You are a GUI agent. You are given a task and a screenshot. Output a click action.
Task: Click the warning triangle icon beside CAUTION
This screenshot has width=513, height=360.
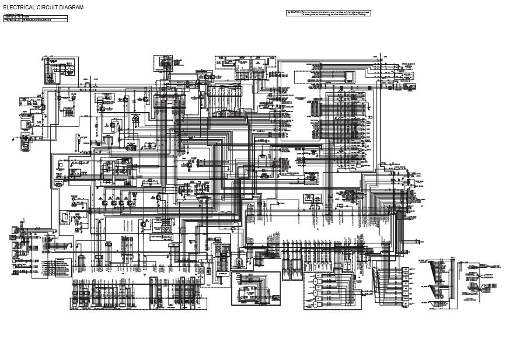[288, 12]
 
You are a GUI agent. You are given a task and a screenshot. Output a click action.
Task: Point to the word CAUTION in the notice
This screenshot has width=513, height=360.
[296, 12]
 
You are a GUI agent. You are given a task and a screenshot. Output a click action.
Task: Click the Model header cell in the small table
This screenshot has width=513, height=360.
[43, 17]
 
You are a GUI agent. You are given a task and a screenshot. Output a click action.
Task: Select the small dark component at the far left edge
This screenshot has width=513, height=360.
[26, 141]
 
